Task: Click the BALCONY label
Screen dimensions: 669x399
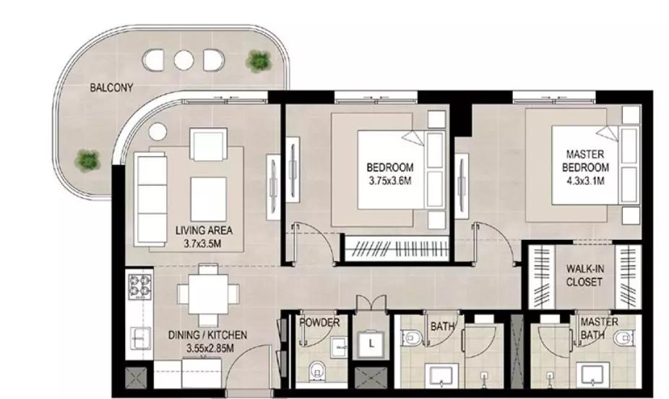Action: point(111,88)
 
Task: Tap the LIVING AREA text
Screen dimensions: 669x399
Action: point(204,231)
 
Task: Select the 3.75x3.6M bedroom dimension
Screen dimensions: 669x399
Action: point(390,181)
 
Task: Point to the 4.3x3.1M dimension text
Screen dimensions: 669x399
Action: point(585,181)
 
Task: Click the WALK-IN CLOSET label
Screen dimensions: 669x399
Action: point(584,275)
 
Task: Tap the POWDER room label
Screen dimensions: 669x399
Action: point(319,322)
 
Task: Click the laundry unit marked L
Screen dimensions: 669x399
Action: point(371,343)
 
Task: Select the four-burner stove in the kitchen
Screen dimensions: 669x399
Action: point(140,286)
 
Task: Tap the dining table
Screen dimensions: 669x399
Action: point(209,294)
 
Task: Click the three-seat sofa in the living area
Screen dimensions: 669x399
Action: point(150,199)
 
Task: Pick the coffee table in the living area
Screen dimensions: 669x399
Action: point(208,199)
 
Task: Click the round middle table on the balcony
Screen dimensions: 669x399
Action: point(184,60)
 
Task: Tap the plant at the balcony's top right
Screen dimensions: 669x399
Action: point(259,61)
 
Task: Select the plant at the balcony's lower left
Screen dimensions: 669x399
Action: point(87,160)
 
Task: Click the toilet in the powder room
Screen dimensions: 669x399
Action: point(316,371)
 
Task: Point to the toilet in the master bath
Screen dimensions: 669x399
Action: point(623,339)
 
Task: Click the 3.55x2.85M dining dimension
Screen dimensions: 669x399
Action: point(210,348)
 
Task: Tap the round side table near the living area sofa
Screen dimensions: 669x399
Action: point(158,132)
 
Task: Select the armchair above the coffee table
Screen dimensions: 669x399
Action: point(208,145)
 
